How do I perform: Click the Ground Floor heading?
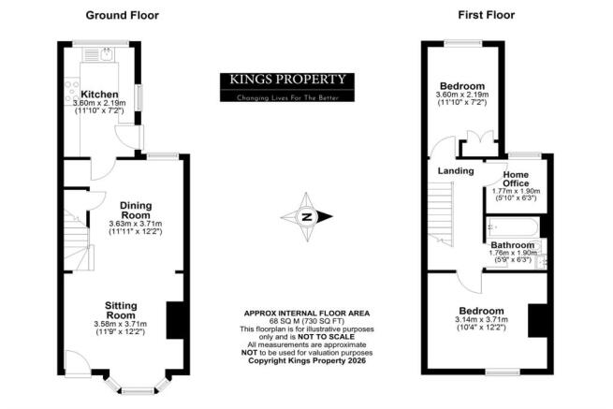[122, 15]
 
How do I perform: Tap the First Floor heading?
[487, 15]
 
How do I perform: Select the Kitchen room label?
[99, 95]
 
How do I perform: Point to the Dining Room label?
[136, 211]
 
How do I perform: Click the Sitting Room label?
[121, 310]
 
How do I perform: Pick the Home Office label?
[516, 179]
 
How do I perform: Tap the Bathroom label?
[513, 245]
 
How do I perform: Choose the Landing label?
[456, 171]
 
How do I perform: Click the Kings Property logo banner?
[287, 87]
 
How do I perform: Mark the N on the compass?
[307, 216]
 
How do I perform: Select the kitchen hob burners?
[71, 91]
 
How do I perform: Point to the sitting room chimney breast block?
[175, 320]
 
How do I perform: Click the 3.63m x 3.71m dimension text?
[136, 224]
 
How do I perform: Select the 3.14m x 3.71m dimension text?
[482, 319]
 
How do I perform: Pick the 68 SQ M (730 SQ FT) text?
[307, 321]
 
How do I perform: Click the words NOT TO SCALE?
[326, 337]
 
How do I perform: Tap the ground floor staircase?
[77, 241]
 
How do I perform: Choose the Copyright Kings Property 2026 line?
[307, 360]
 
